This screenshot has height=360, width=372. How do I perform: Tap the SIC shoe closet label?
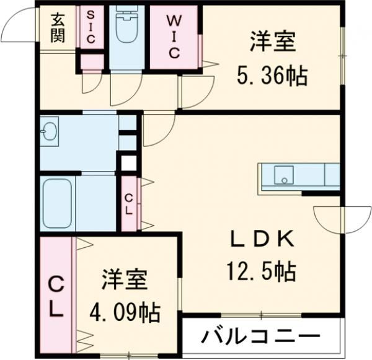91,27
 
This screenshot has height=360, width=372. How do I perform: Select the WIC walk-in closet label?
173,36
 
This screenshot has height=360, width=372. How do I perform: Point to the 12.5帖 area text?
260,271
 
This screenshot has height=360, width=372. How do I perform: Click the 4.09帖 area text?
125,310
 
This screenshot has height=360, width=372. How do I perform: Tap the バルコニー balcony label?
260,338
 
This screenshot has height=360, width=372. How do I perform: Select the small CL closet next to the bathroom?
129,204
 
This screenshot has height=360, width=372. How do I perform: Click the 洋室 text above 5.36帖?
272,43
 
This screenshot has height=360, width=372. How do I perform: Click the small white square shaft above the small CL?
128,164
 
